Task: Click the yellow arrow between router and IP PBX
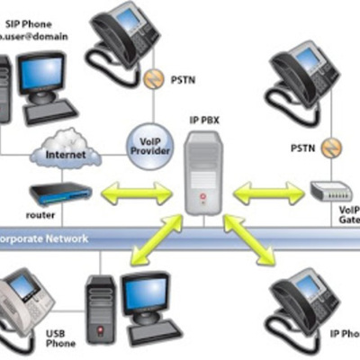tap(137, 192)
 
